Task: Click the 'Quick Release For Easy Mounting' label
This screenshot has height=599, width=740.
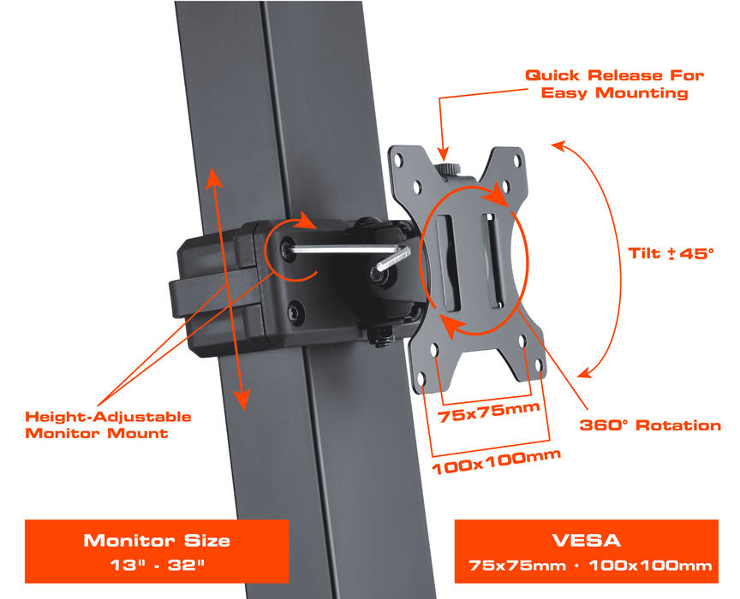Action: click(614, 84)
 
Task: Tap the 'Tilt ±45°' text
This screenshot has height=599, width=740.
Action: click(671, 253)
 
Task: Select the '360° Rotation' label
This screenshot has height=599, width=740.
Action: click(650, 425)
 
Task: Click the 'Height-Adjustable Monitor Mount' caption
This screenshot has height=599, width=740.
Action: click(108, 424)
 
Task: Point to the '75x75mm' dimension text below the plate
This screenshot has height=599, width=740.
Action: click(488, 412)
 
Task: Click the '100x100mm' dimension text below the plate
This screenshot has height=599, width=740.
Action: click(496, 462)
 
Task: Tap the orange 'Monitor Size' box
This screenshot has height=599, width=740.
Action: click(157, 551)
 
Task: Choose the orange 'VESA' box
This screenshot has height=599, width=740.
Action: click(586, 551)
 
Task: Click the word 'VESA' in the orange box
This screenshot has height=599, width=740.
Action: click(586, 541)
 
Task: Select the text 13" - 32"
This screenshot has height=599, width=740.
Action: click(157, 565)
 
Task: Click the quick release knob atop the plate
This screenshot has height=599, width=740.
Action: click(448, 169)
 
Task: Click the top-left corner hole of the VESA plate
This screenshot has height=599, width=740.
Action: click(398, 159)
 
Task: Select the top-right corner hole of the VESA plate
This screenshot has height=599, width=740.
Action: click(517, 160)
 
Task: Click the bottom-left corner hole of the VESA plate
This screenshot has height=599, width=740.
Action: click(421, 378)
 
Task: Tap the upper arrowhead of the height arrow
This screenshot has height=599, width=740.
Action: click(213, 178)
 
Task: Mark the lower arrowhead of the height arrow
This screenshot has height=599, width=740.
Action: click(242, 399)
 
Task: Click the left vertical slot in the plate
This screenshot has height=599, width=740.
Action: click(448, 264)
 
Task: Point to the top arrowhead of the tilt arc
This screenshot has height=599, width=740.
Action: click(560, 145)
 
